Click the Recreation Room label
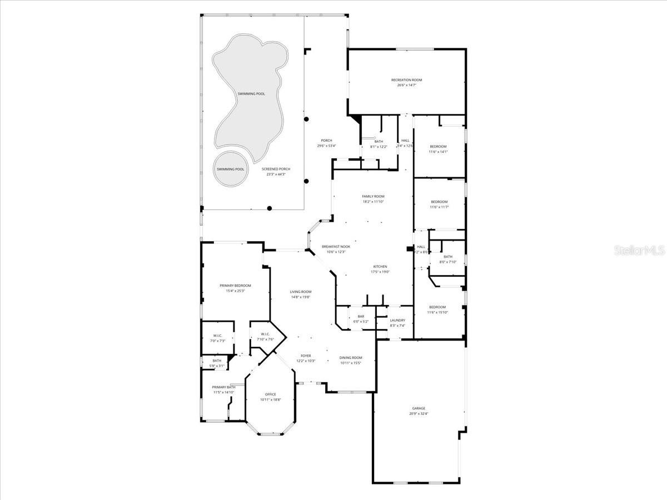click(x=406, y=80)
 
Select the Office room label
click(x=270, y=394)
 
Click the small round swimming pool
click(x=230, y=169)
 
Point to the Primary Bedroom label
click(x=235, y=286)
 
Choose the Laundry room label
click(x=397, y=321)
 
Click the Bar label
click(x=360, y=317)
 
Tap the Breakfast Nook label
click(x=336, y=246)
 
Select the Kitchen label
click(x=380, y=267)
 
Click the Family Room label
click(x=373, y=196)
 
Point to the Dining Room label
click(x=351, y=358)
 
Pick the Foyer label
click(x=306, y=356)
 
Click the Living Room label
click(x=300, y=292)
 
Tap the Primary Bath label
click(x=224, y=387)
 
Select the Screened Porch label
click(x=276, y=169)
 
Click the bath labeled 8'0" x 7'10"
click(x=447, y=259)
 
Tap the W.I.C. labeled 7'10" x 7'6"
click(x=265, y=337)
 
